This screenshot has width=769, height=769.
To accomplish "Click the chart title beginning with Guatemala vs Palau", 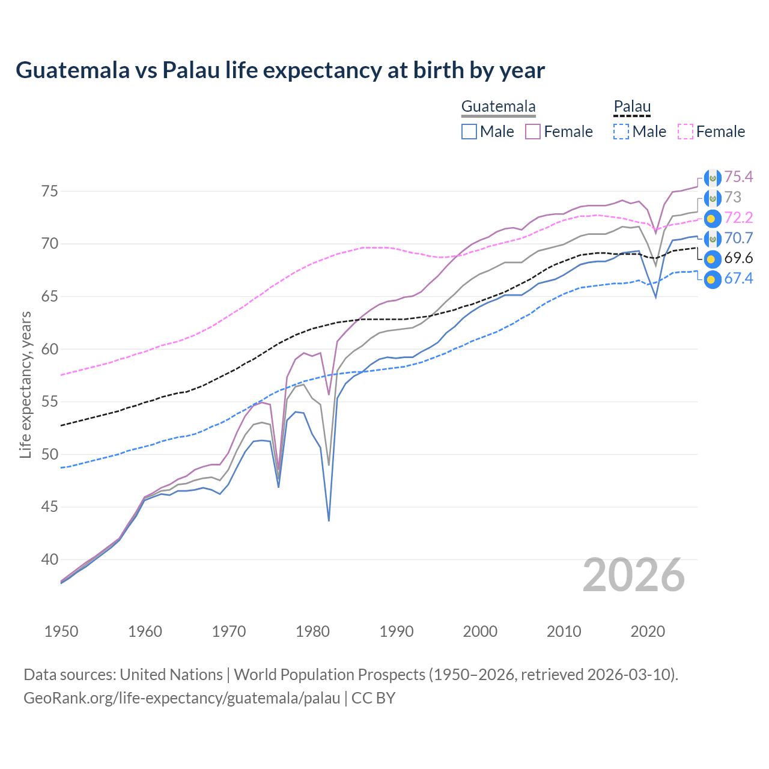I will click(280, 70).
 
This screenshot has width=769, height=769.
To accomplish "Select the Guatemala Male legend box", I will click(469, 132).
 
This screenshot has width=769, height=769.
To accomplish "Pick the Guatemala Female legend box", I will click(533, 132).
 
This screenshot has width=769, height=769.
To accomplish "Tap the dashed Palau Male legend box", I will click(621, 132).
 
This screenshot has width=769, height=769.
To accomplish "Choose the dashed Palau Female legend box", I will click(685, 132).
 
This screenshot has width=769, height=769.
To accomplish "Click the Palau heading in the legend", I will click(632, 107).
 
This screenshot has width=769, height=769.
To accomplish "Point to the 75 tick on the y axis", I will click(50, 192).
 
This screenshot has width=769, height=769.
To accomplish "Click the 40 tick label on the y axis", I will click(50, 559).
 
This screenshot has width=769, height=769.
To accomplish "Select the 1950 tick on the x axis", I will click(61, 631).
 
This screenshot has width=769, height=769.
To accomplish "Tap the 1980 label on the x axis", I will click(312, 631).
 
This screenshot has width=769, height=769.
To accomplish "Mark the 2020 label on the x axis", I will click(648, 631).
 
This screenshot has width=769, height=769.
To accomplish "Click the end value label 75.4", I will click(738, 177).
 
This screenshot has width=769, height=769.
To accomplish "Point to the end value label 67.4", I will click(738, 278).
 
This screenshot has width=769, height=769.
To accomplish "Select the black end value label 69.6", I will click(738, 258).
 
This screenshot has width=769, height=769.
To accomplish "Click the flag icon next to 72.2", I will click(713, 218).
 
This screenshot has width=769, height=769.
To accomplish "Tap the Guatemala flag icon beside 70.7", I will click(713, 239).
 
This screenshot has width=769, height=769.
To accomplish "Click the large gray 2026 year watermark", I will click(634, 576).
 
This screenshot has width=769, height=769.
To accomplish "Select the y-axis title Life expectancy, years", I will click(26, 384).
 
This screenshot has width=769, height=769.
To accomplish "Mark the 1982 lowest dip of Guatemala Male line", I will click(329, 520).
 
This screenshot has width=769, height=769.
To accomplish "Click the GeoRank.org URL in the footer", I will click(181, 698).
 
